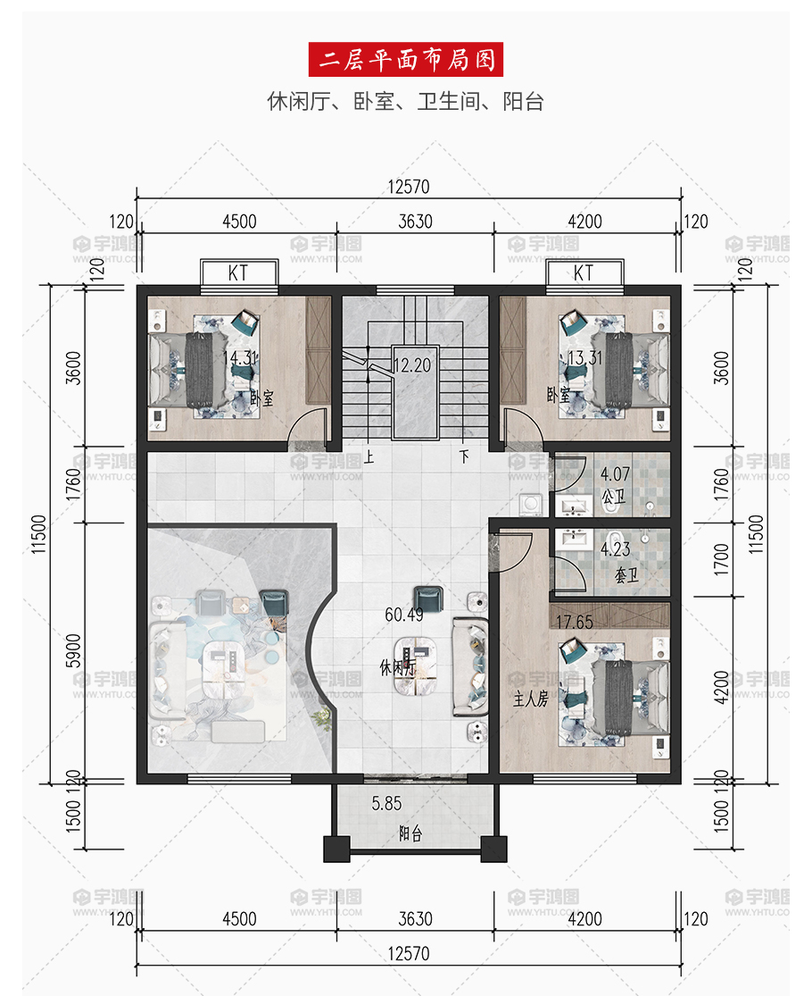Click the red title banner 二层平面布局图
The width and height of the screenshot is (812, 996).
405,59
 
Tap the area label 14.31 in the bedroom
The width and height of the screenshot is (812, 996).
240,358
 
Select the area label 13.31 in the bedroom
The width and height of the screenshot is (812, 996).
584,358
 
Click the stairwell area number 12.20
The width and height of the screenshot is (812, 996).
412,365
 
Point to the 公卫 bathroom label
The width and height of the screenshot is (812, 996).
613,496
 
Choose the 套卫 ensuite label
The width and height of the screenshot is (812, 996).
626,575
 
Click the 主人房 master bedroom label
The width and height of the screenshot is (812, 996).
530,699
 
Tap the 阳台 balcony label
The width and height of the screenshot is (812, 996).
410,834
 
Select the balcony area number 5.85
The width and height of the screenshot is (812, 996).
387,804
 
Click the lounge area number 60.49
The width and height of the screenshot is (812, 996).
404,615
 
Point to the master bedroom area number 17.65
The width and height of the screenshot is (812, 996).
575,622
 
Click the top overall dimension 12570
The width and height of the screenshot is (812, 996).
409,187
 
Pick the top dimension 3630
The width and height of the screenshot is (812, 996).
416,221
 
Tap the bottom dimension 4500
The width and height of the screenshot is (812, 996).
239,918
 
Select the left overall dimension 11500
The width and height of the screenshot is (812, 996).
38,534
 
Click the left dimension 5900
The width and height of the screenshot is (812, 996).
73,651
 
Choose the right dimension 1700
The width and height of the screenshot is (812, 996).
722,559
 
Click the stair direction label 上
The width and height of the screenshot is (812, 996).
369,456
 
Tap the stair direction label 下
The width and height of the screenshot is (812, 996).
464,456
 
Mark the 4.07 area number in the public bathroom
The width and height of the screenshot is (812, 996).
616,473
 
